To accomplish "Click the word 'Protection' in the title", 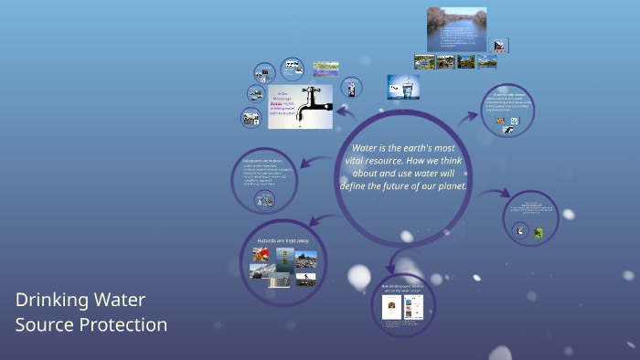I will click(x=119, y=324).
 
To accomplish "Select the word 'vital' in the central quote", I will click(x=363, y=161).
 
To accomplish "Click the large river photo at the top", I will click(x=456, y=28).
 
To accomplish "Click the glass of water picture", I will click(x=402, y=87).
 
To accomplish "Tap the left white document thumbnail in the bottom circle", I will click(x=390, y=306).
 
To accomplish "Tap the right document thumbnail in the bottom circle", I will click(x=412, y=306).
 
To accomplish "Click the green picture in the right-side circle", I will click(x=539, y=233).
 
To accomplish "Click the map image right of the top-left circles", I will click(x=326, y=68).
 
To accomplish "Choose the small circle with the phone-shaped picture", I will click(x=351, y=88).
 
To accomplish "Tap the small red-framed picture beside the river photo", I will click(x=500, y=45).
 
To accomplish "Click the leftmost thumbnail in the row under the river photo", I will click(x=423, y=62).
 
